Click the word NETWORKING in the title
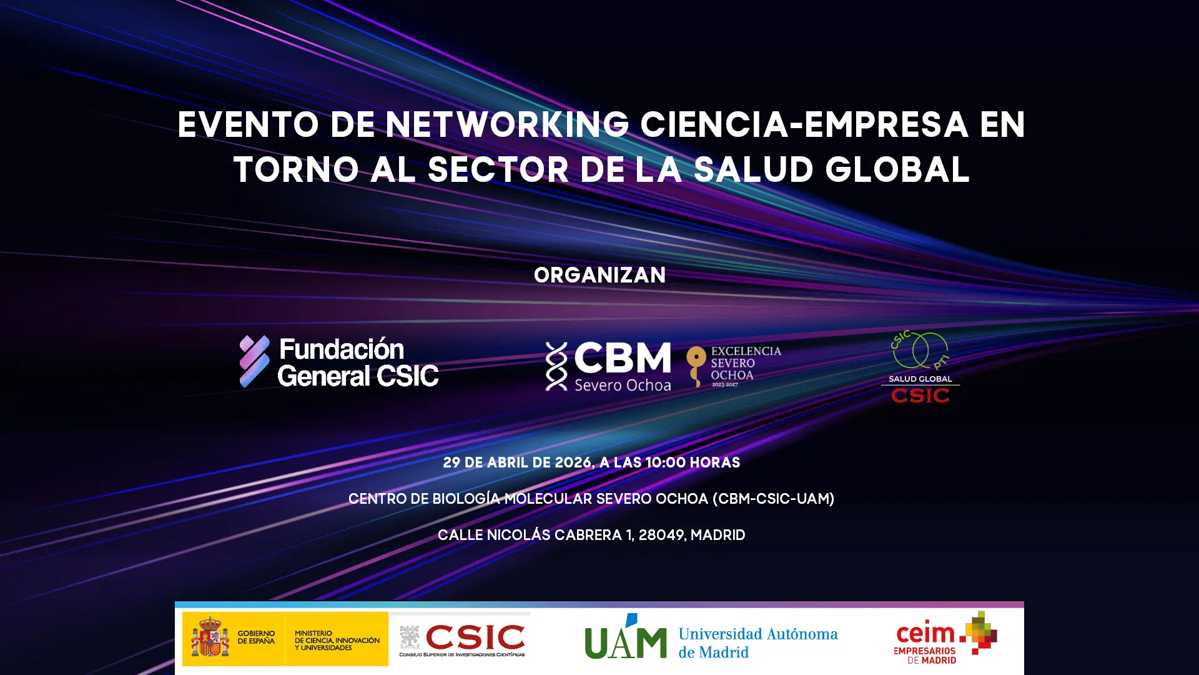pos(507,125)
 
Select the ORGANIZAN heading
pos(599,276)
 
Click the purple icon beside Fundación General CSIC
pos(255,361)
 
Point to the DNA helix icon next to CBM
pos(556,366)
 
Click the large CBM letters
pos(622,358)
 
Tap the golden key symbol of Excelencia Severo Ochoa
pos(696,366)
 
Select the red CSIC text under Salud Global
pos(920,396)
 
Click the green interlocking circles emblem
pos(920,351)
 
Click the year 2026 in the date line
pos(573,463)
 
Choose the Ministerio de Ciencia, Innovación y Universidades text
pos(337,641)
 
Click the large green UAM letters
pos(626,637)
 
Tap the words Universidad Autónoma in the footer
pos(758,634)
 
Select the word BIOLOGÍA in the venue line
pos(466,499)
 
